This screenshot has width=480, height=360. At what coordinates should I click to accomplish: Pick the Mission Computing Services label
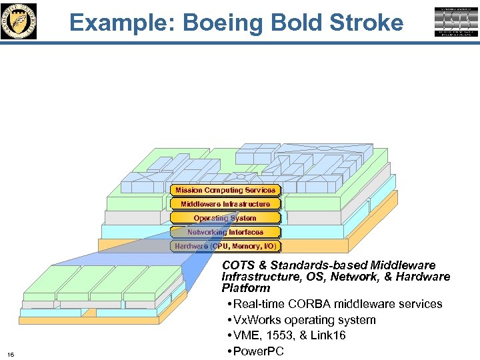[x=225, y=190]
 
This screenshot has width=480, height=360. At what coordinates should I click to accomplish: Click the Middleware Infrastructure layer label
[x=225, y=204]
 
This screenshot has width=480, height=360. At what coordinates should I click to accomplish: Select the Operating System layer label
[x=225, y=218]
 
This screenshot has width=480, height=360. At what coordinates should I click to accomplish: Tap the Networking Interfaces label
[x=225, y=232]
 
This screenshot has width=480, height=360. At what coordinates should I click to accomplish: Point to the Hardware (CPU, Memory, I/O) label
[x=225, y=246]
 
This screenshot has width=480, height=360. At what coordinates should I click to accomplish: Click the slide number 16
[x=11, y=353]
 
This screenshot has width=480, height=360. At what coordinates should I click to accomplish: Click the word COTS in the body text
[x=238, y=265]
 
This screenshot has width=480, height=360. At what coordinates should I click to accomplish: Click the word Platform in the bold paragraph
[x=246, y=288]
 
